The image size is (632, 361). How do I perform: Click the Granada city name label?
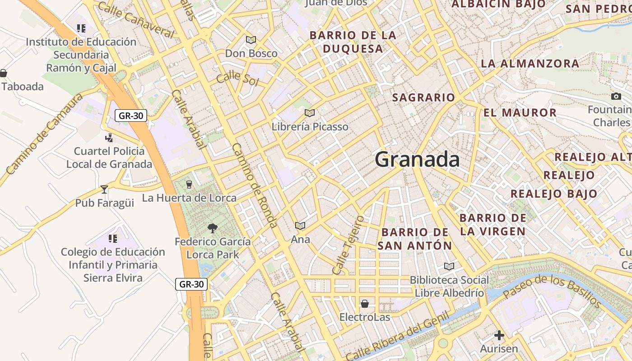(x=417, y=159)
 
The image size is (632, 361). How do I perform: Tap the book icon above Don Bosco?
(x=251, y=40)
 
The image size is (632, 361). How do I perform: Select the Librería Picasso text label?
(x=310, y=127)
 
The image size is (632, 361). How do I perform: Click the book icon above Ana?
(x=300, y=226)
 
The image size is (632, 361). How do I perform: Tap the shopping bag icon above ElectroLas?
(x=364, y=304)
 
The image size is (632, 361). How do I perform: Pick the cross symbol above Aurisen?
(x=499, y=335)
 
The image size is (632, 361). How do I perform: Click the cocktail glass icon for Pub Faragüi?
(x=104, y=190)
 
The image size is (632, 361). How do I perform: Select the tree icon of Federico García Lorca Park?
(x=212, y=228)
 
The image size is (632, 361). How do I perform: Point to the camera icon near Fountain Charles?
(x=616, y=96)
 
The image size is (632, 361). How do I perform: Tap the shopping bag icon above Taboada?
(x=3, y=73)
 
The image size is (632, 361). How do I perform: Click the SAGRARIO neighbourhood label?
(x=423, y=97)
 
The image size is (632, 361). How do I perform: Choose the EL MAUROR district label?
(x=520, y=112)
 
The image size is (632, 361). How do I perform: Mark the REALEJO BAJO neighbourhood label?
(x=554, y=194)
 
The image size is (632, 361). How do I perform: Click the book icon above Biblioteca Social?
(x=449, y=266)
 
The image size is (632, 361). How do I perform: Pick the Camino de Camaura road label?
(x=44, y=134)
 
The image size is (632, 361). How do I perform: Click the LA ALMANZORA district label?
(x=530, y=64)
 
